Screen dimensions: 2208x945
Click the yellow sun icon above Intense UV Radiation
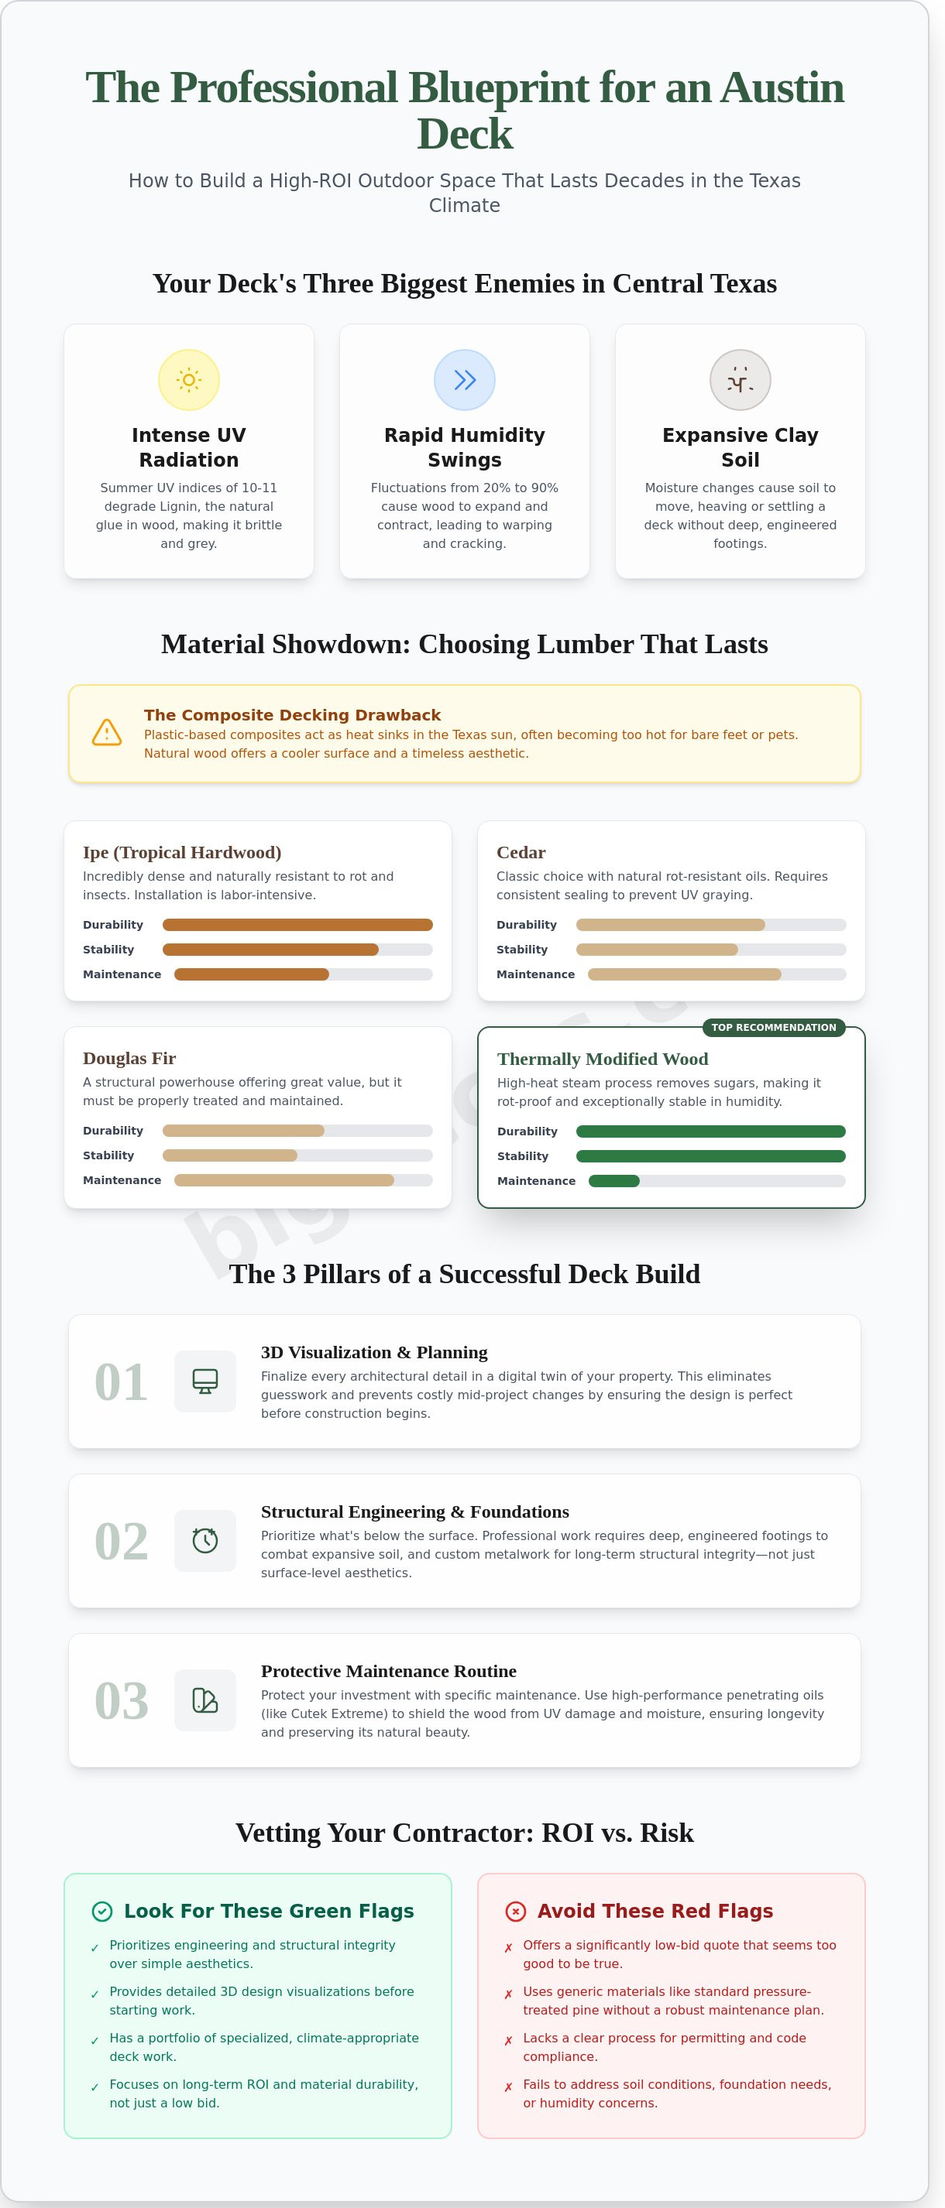click(x=189, y=380)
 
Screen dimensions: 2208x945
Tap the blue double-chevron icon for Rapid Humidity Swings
click(x=464, y=380)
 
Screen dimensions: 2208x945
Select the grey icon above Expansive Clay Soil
click(x=739, y=380)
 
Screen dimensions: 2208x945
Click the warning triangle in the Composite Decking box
click(x=106, y=732)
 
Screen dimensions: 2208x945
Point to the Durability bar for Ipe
click(x=297, y=925)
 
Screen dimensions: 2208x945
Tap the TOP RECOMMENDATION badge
click(x=772, y=1028)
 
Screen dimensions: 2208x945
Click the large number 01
click(x=121, y=1381)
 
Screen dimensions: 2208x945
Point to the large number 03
click(x=121, y=1700)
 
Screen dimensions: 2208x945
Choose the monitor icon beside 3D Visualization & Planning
click(x=205, y=1381)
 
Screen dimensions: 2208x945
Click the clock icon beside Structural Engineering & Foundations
click(x=205, y=1541)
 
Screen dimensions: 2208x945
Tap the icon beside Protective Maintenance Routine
click(x=205, y=1700)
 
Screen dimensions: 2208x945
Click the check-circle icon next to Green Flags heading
click(x=102, y=1912)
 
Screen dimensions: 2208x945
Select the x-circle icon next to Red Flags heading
click(x=515, y=1912)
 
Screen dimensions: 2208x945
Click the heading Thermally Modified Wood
click(x=602, y=1059)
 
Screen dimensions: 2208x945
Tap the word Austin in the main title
click(x=782, y=87)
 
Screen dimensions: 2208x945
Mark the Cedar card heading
click(x=521, y=853)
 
